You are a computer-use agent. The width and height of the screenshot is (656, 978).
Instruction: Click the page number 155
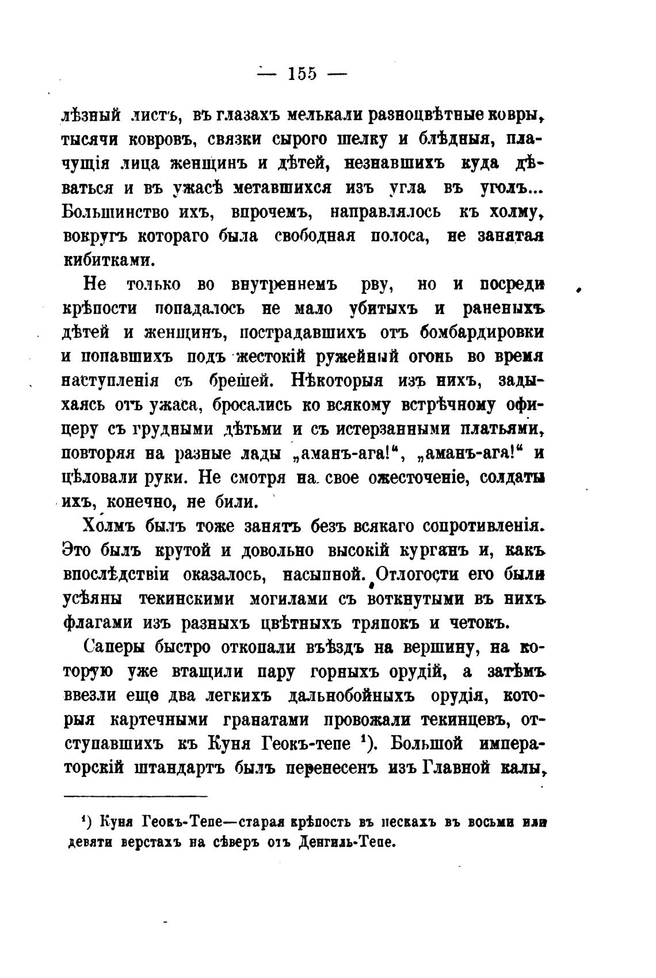coord(303,74)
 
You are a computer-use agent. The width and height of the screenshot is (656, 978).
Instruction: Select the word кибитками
coord(109,260)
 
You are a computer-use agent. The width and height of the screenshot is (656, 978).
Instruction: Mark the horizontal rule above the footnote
coord(135,796)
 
